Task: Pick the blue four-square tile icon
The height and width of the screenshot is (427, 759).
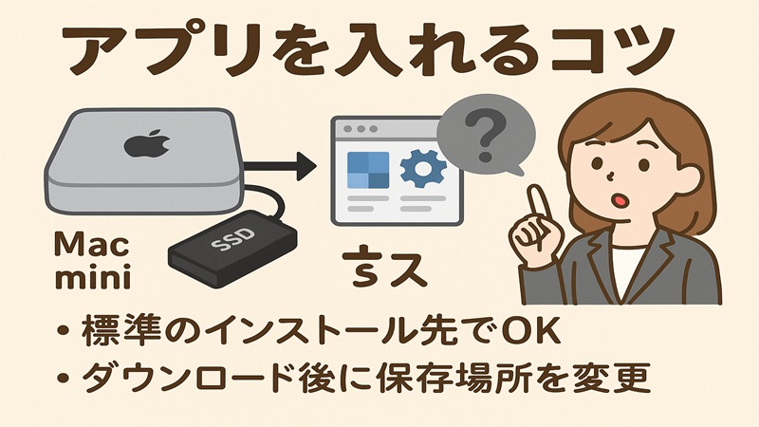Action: click(x=370, y=171)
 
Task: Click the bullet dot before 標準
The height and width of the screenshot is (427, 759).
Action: click(x=64, y=334)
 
